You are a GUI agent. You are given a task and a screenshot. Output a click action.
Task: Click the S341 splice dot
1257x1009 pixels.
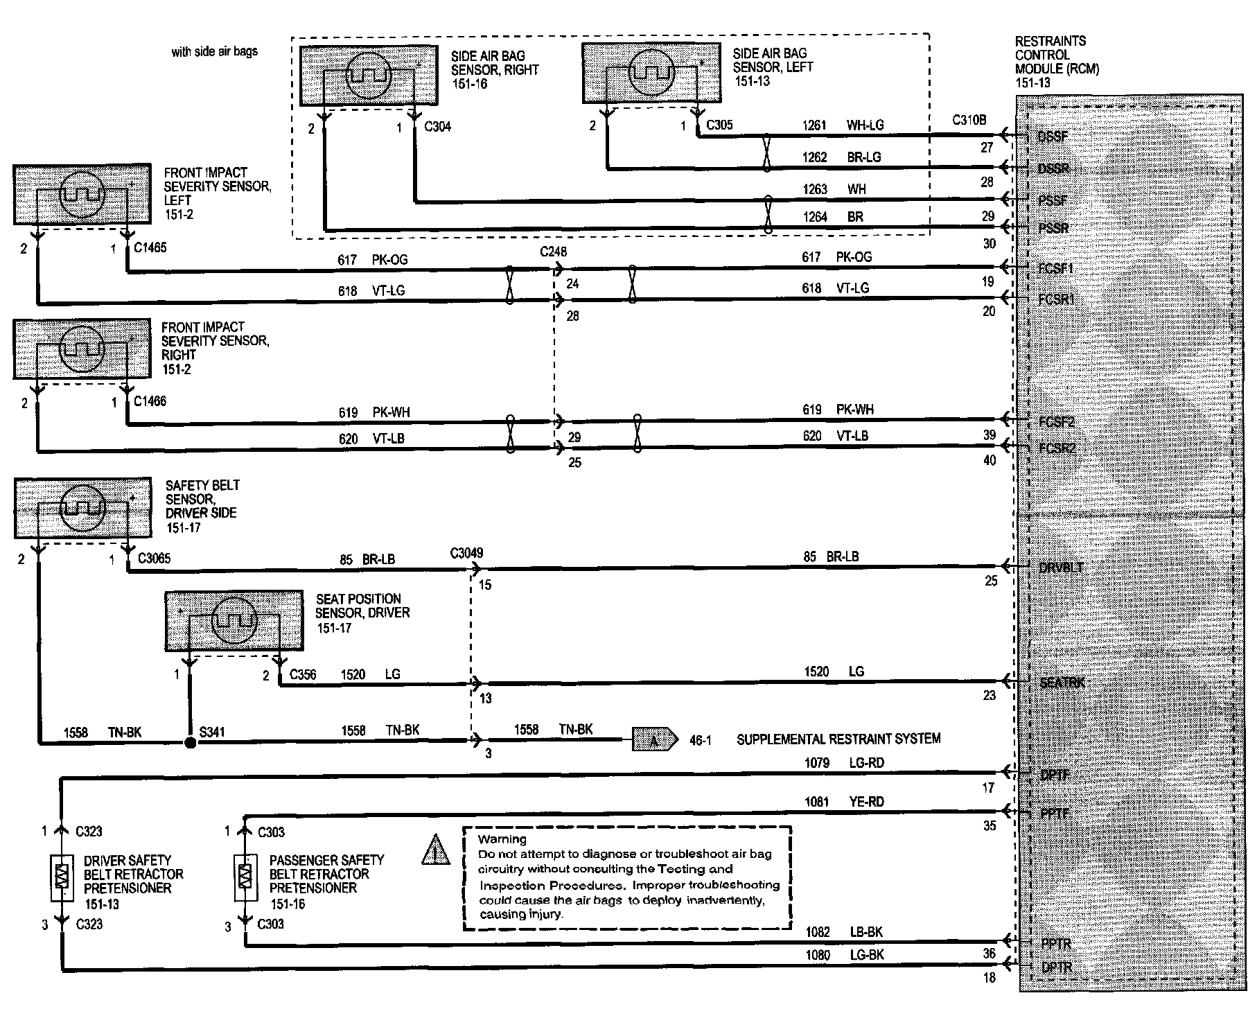[x=191, y=743]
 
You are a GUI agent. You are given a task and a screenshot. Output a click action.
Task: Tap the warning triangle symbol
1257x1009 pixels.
[x=436, y=851]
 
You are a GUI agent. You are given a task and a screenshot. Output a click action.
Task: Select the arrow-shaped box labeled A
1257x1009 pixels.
[x=654, y=739]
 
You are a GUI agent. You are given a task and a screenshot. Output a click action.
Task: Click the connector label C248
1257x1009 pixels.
[x=553, y=252]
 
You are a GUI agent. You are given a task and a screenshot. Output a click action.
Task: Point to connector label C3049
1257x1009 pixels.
[x=466, y=553]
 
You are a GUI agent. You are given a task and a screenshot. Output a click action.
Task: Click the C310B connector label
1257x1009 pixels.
[x=969, y=120]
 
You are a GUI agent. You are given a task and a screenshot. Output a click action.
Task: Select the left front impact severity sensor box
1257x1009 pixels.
[x=82, y=194]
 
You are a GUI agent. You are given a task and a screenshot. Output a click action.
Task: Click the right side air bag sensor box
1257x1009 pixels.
[x=369, y=76]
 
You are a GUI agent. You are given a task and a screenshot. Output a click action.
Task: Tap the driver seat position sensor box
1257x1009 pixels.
[x=234, y=621]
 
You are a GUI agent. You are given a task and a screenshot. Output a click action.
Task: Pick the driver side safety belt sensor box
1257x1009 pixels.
[x=82, y=508]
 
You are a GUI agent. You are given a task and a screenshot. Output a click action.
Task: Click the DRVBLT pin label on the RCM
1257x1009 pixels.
[x=1061, y=568]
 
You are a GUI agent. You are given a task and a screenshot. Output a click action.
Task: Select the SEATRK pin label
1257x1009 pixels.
[x=1062, y=683]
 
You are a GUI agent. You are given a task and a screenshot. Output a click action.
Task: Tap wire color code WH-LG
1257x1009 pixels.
[x=865, y=125]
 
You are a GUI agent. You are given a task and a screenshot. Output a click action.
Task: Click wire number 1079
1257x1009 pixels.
[x=816, y=763]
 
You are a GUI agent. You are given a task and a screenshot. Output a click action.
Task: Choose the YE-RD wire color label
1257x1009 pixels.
[x=866, y=802]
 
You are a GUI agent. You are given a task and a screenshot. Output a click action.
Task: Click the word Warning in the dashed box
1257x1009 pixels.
[x=502, y=839]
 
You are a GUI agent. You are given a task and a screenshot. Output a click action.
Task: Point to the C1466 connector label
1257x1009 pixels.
[x=150, y=401]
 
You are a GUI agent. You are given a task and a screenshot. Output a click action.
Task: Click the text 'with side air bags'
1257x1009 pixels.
[x=215, y=52]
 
